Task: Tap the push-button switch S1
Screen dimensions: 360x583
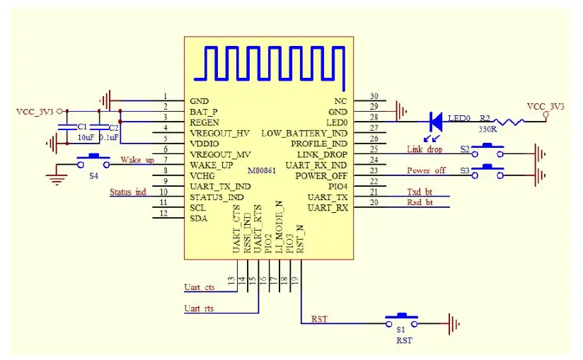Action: click(x=400, y=320)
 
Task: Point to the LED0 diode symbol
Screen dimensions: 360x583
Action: click(x=436, y=122)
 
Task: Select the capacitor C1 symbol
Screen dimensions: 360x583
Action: click(x=68, y=127)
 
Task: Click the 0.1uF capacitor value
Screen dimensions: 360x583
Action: click(x=108, y=137)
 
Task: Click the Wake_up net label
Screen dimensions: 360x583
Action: click(x=137, y=160)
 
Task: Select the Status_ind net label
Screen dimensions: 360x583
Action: click(x=127, y=192)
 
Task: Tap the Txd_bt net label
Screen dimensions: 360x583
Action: click(x=420, y=192)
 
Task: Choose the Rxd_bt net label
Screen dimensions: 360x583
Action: click(x=420, y=204)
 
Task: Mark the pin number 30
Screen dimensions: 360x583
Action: click(x=374, y=96)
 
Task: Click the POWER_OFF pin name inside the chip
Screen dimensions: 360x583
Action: click(x=321, y=175)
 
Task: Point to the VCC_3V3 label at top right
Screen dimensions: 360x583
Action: click(x=546, y=106)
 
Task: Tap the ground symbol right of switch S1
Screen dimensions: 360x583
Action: click(x=454, y=325)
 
